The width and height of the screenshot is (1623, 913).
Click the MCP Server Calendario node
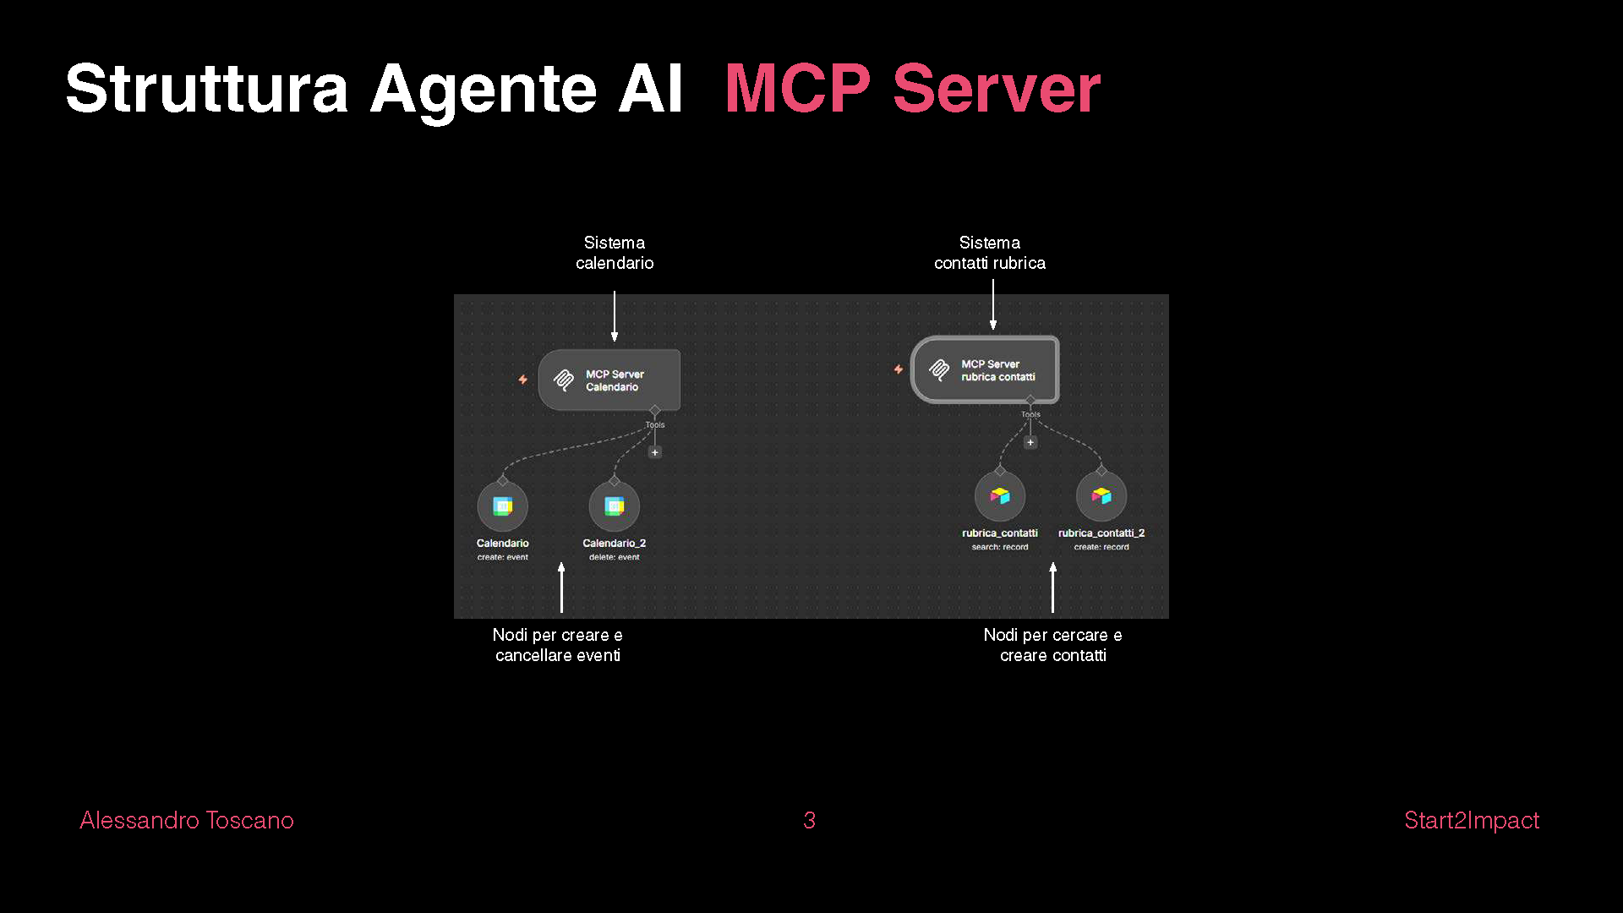point(609,380)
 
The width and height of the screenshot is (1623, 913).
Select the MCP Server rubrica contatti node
point(985,370)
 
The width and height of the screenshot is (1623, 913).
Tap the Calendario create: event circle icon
point(503,506)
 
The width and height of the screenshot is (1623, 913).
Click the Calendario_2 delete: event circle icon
point(615,506)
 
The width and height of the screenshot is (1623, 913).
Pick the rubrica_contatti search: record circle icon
point(1000,496)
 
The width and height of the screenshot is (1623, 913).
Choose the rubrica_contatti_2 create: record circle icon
point(1101,496)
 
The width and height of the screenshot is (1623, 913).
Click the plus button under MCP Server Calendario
point(654,452)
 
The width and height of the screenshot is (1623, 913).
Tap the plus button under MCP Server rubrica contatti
point(1030,442)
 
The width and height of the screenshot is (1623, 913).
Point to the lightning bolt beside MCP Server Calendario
point(523,380)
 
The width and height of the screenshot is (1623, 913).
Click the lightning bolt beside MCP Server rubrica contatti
point(899,369)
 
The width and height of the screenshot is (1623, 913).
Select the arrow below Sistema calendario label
point(615,316)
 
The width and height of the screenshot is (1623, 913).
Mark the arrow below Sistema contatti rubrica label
point(993,305)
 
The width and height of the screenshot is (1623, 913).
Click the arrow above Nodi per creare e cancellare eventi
point(561,587)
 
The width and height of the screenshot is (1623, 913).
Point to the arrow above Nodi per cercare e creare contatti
point(1053,587)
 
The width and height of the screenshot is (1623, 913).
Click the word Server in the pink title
point(997,89)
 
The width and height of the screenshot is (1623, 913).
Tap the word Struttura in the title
point(207,89)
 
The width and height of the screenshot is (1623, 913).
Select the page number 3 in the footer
point(809,820)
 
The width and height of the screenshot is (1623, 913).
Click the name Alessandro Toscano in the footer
point(187,820)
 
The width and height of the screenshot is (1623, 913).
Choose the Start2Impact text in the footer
point(1471,820)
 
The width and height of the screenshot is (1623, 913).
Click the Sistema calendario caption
point(615,253)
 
